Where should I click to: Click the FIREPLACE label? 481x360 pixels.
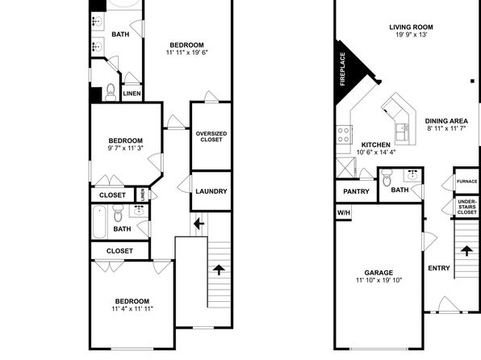pos(343,69)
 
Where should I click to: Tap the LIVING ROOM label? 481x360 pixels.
pos(411,27)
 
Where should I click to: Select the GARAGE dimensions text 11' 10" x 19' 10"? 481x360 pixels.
pos(379,280)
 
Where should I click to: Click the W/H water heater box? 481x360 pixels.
pos(344,212)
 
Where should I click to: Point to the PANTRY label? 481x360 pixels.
pos(356,191)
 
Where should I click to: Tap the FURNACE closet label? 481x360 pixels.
pos(467,182)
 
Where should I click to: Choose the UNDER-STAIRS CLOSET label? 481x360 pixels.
pos(467,207)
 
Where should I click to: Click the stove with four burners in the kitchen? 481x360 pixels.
pos(344,135)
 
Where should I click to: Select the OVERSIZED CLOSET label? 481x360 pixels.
pos(211,136)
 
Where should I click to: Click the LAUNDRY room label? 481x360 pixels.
pos(211,191)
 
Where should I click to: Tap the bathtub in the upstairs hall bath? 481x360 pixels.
pos(99,222)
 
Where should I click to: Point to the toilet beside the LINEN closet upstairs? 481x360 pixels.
pos(111,92)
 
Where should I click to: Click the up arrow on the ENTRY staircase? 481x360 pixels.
pos(466,250)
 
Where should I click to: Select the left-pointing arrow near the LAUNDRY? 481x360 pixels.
pos(199,224)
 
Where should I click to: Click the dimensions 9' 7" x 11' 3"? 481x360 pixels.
pos(125,149)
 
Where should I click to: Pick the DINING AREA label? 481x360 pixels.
pos(446,121)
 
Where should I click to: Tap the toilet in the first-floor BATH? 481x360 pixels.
pos(387,178)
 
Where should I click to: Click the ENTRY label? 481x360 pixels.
pos(439,268)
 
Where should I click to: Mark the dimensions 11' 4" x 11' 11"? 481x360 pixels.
pos(132,309)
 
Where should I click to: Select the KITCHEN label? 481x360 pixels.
pos(376,144)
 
